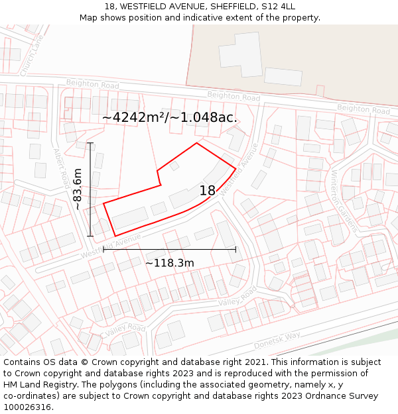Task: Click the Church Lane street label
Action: [31, 56]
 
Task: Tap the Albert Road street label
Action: [61, 166]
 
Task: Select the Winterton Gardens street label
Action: [343, 199]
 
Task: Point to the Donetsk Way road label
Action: [277, 341]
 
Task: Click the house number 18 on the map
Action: [208, 191]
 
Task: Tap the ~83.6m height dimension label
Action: [78, 189]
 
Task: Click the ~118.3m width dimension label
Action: [170, 263]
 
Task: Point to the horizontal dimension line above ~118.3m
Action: [170, 250]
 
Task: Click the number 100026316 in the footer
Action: [27, 407]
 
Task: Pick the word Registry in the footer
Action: [67, 385]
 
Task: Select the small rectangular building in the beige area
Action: [283, 76]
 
